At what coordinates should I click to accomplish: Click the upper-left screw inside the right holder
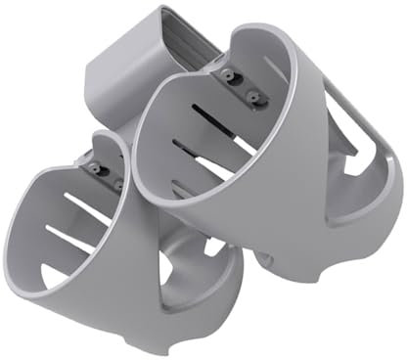(228, 75)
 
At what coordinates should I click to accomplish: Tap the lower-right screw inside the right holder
(256, 95)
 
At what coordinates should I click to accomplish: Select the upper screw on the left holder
(94, 168)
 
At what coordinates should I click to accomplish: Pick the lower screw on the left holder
(115, 181)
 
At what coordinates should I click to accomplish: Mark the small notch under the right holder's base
(268, 256)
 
